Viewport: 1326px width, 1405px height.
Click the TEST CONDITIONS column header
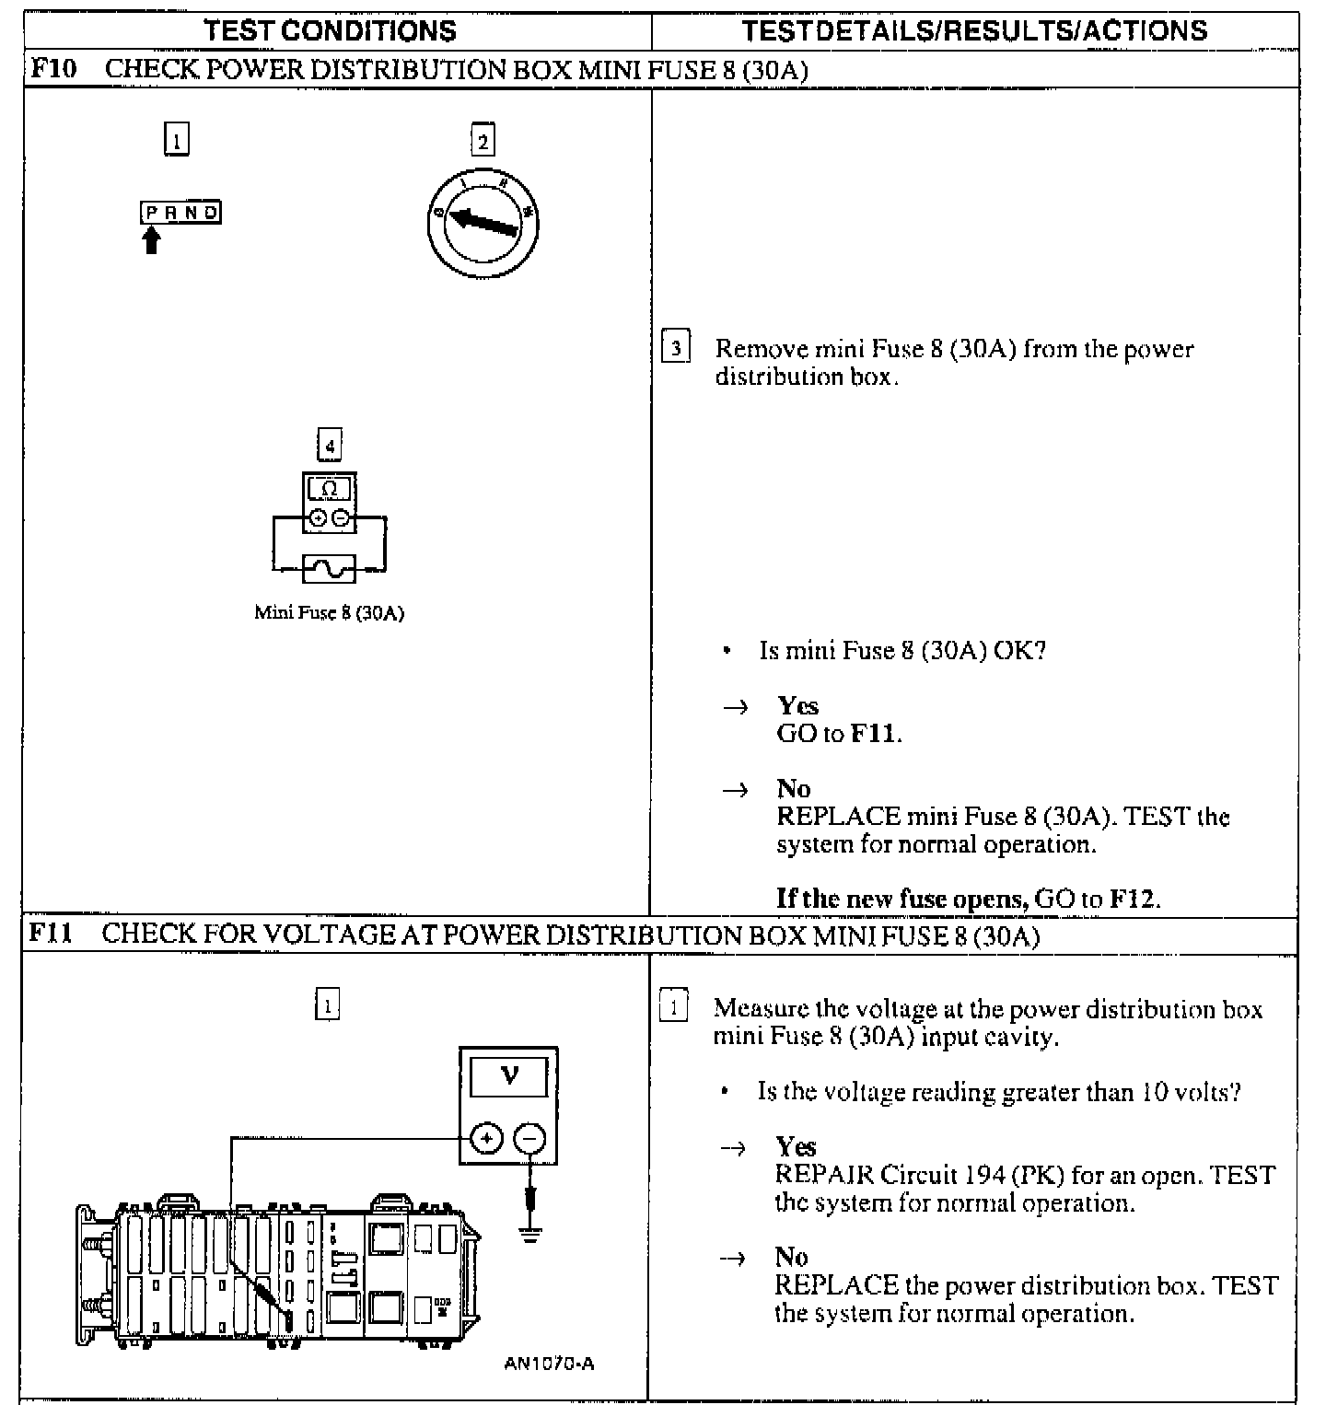(330, 31)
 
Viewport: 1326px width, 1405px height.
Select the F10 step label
(53, 69)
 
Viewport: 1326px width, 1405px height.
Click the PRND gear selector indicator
(181, 213)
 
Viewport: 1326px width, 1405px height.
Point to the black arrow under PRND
(152, 241)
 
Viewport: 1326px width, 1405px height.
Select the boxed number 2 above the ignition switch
(483, 141)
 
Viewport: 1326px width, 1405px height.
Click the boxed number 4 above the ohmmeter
(329, 447)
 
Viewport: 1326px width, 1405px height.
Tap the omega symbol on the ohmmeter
(329, 489)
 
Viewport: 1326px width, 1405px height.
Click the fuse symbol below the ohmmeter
(329, 569)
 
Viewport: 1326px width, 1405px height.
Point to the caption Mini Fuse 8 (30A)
(329, 612)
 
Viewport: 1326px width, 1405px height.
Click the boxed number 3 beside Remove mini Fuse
(676, 349)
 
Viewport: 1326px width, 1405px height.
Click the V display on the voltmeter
(509, 1075)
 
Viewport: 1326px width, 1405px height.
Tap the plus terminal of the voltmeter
(486, 1139)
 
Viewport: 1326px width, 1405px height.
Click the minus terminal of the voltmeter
(529, 1139)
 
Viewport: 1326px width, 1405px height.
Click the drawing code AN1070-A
(549, 1364)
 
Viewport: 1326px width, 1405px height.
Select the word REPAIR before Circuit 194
(824, 1175)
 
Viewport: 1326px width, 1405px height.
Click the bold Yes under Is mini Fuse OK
(797, 705)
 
